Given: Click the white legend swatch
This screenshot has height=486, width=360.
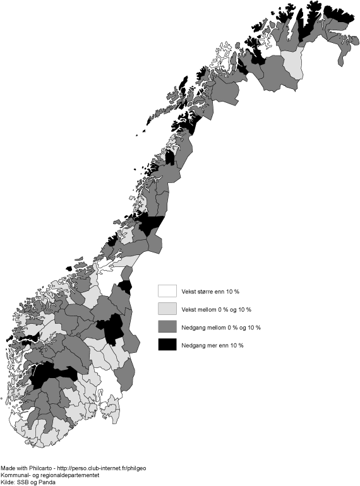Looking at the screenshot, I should (167, 291).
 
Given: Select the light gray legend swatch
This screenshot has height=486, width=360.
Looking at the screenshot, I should (167, 309).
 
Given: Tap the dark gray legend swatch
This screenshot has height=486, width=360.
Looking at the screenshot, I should (167, 327).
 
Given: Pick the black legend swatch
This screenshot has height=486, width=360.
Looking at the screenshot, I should (167, 345).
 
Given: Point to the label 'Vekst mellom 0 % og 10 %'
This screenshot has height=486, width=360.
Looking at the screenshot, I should (216, 309).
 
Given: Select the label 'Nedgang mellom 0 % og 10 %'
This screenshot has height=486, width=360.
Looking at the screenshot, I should (220, 327).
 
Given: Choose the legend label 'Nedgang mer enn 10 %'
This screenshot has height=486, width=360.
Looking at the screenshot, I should (212, 345).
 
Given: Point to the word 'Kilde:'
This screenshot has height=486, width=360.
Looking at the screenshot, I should (8, 482).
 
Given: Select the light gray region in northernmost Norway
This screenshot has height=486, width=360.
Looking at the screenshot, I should (292, 63).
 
